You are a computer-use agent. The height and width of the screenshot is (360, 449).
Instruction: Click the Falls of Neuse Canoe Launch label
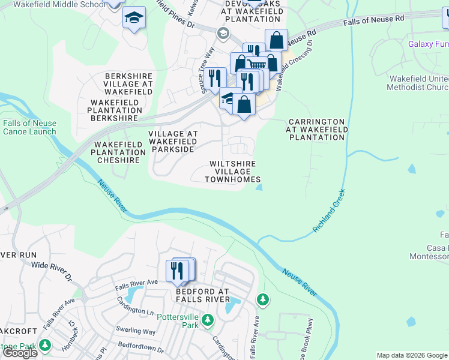[x=29, y=127]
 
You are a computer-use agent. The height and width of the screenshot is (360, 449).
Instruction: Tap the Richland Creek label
[x=329, y=212]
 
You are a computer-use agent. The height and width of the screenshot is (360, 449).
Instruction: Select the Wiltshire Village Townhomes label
[x=233, y=172]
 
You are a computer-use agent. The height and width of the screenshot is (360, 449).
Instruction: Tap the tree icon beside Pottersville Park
[x=208, y=319]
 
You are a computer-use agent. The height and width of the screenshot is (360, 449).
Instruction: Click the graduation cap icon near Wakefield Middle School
[x=134, y=18]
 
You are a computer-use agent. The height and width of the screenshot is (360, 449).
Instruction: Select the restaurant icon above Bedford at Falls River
[x=176, y=271]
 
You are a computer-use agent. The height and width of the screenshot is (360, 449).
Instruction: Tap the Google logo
[x=20, y=353]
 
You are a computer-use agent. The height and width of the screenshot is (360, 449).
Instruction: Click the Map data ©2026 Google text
[x=412, y=355]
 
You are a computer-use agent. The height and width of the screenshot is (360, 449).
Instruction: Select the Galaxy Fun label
[x=428, y=44]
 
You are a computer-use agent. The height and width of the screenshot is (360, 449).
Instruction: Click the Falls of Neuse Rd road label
[x=373, y=21]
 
